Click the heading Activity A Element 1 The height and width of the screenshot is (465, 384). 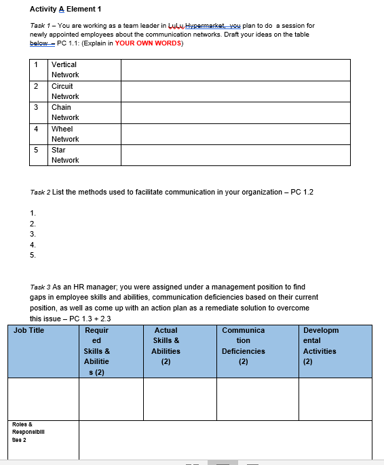tap(66, 9)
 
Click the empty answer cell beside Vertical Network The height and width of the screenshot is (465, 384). tap(235, 70)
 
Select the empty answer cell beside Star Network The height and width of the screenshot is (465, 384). tap(235, 155)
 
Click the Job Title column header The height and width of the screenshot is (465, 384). tap(29, 331)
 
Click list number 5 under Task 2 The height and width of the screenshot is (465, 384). tap(32, 256)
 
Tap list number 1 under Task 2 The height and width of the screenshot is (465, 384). tap(32, 213)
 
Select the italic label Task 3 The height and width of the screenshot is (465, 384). tap(41, 287)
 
